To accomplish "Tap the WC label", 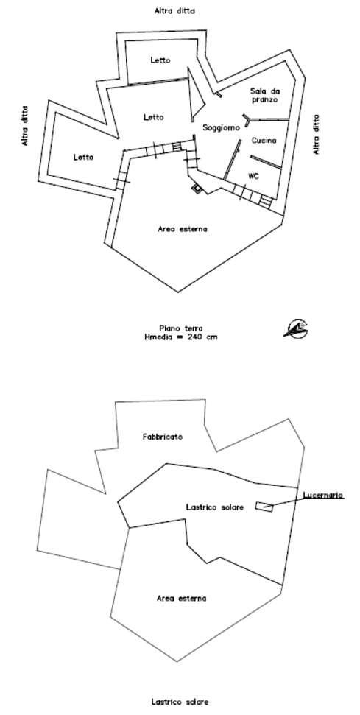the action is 254,176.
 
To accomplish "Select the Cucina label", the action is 264,141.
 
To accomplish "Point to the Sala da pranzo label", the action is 264,95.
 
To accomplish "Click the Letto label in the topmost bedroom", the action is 160,60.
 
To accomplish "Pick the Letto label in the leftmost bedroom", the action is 83,158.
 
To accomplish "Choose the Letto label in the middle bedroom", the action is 154,117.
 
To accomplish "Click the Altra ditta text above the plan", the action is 174,11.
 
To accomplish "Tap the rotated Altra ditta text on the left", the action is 24,126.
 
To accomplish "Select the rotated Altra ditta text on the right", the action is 317,134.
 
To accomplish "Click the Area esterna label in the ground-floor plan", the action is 183,229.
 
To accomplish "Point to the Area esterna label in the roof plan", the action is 181,598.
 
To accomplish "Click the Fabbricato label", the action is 162,437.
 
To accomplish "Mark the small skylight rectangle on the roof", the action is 264,506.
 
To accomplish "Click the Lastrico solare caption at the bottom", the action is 180,702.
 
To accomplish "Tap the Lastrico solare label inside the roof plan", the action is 215,507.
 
